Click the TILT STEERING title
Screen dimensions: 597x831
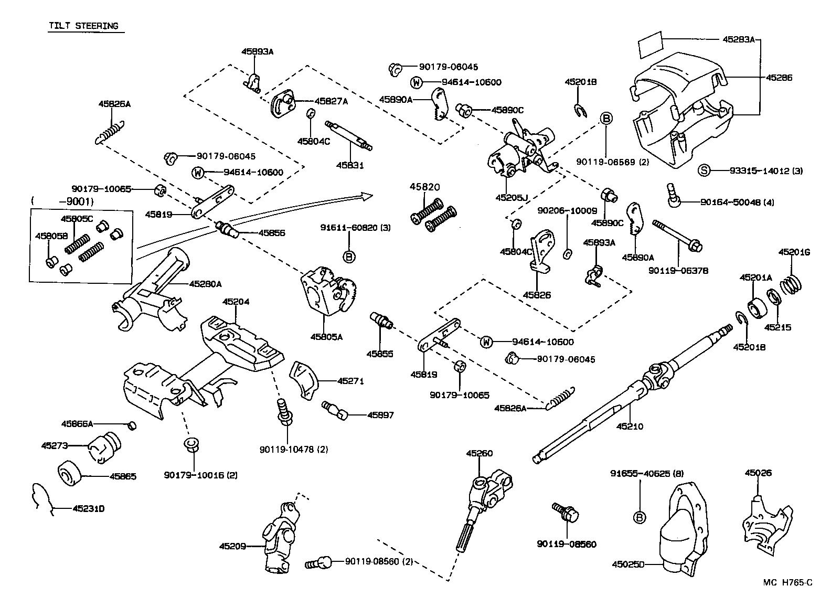(83, 26)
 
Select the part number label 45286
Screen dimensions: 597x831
(779, 78)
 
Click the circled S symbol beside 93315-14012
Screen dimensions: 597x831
(705, 170)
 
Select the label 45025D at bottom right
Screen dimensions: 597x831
(627, 564)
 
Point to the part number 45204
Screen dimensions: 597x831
(236, 302)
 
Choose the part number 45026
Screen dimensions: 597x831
(758, 473)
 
